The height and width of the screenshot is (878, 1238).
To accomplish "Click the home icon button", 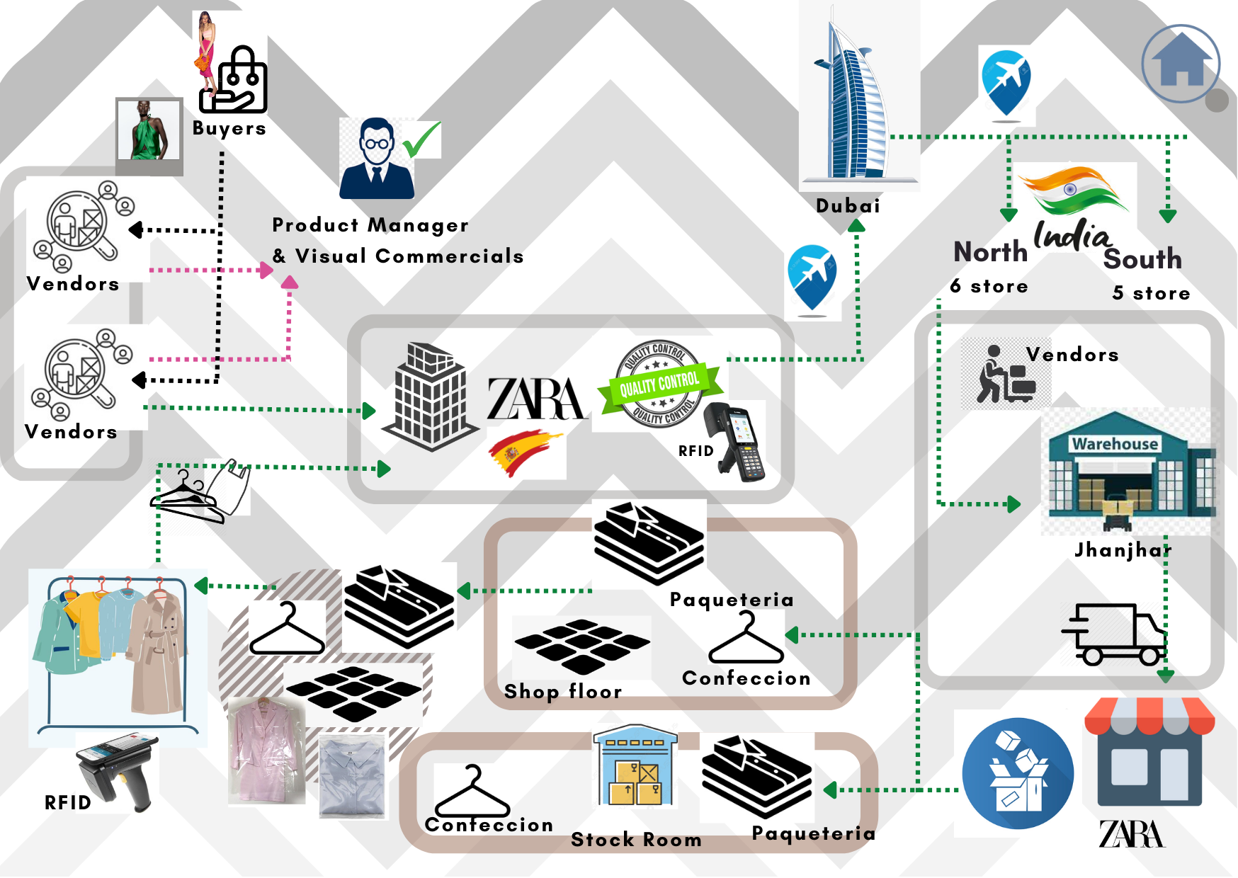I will click(1180, 64).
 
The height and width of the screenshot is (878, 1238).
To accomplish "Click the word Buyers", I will click(229, 128).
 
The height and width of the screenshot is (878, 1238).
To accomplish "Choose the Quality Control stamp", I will click(659, 384).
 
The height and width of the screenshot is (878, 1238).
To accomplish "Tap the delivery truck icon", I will click(1114, 634).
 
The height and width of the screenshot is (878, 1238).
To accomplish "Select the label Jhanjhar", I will click(1123, 550).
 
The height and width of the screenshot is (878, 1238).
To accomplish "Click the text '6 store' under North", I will click(989, 286).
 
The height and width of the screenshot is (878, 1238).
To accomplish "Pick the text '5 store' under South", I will click(1151, 293).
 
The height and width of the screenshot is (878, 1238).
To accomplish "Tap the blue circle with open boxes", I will click(1017, 773).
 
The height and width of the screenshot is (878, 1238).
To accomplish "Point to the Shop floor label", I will click(563, 691).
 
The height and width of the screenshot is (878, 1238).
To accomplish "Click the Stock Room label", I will click(636, 840).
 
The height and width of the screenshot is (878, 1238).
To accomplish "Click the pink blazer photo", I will click(265, 751).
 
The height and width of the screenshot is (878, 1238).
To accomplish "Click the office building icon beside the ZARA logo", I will click(429, 397).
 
